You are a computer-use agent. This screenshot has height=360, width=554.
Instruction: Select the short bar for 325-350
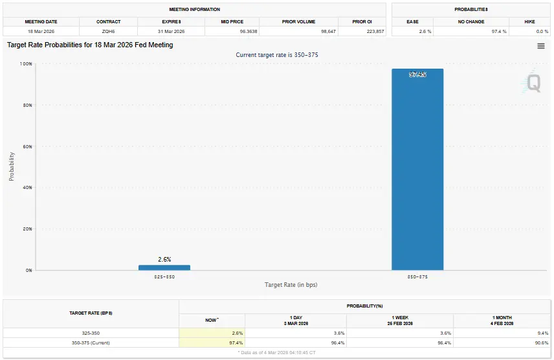pos(164,267)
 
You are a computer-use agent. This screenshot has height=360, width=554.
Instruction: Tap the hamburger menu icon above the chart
pos(541,46)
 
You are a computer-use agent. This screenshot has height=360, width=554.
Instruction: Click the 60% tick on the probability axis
pos(27,146)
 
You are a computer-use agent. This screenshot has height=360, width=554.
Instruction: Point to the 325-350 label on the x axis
pos(164,276)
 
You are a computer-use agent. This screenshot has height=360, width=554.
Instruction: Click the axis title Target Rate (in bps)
pos(291,285)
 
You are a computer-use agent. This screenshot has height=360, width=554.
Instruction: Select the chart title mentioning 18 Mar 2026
pos(90,45)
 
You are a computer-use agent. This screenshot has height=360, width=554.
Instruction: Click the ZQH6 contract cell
pos(108,31)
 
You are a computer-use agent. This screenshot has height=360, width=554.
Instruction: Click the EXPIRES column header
pos(171,21)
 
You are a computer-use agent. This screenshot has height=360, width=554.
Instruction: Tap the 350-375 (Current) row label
pos(91,343)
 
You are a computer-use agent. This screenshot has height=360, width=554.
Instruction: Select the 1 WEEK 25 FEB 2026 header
pos(399,321)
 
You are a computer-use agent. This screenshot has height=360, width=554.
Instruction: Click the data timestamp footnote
pos(276,353)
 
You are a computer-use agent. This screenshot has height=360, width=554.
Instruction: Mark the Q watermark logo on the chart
pos(534,82)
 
